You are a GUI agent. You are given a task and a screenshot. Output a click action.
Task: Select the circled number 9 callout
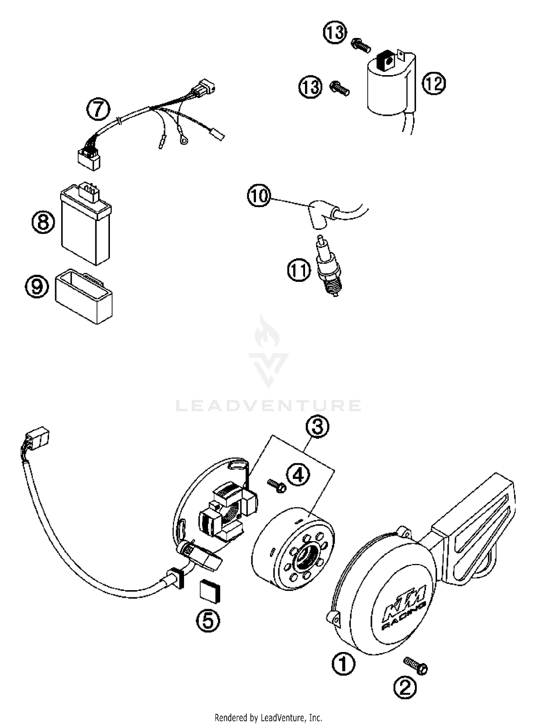[x=37, y=286]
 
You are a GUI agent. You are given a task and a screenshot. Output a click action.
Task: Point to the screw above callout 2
[x=415, y=666]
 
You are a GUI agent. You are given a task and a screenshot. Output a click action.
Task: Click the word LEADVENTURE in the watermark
[x=268, y=406]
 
